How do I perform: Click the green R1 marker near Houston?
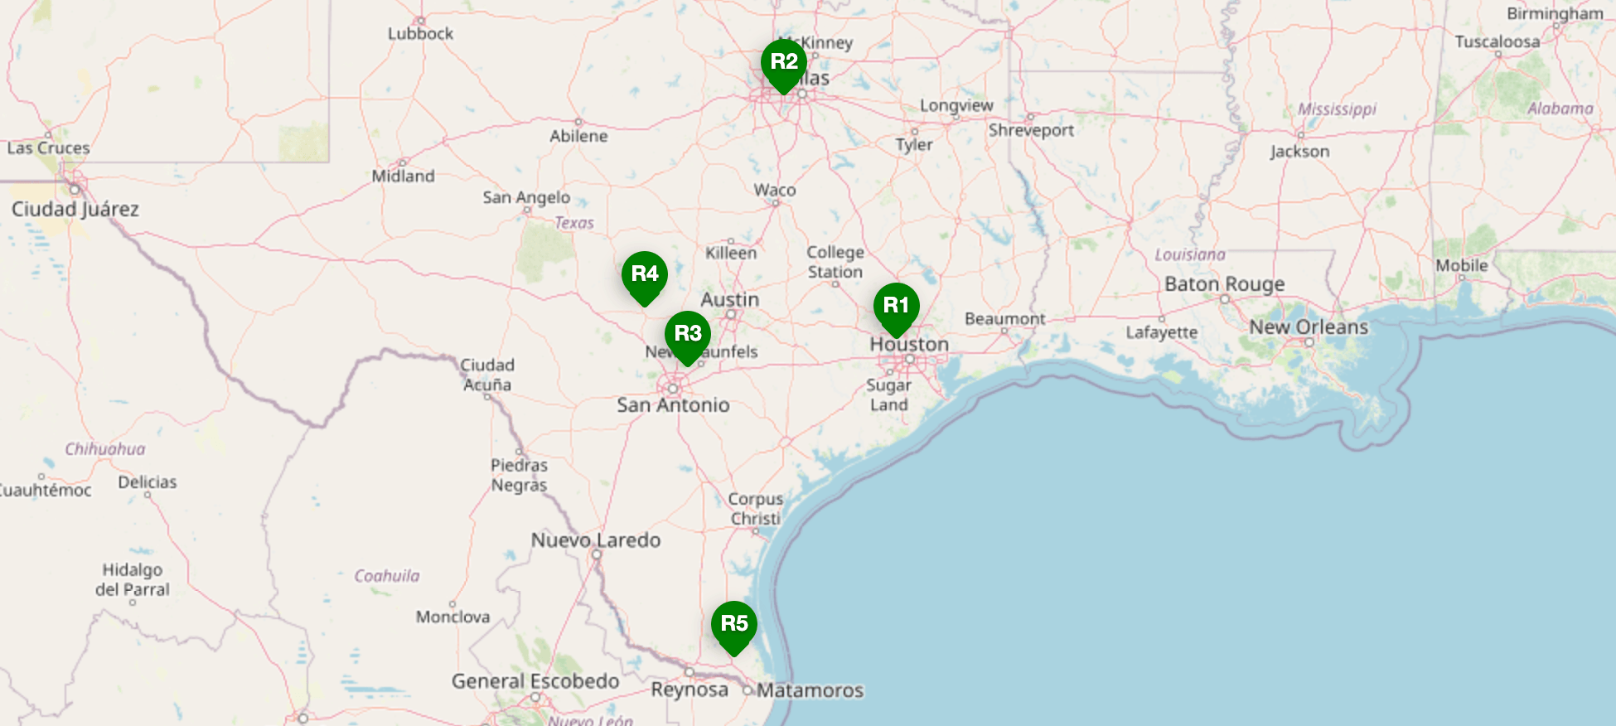[896, 306]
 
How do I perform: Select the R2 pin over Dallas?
[783, 62]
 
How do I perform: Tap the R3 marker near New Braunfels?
[687, 334]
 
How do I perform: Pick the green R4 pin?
[644, 274]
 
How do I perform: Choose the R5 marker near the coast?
[733, 624]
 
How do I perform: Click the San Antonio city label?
[673, 405]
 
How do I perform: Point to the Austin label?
[729, 299]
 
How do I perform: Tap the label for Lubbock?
[420, 34]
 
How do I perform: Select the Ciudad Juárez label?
[75, 209]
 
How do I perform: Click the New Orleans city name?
[1309, 327]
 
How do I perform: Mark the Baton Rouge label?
[1224, 284]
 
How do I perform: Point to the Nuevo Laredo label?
[596, 540]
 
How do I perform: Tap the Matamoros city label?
[810, 690]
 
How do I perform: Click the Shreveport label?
[1031, 130]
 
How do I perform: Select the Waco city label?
[775, 190]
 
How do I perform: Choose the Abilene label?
[578, 136]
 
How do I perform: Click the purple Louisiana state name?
[1190, 254]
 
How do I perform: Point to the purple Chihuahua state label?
[105, 449]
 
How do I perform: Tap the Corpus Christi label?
[755, 509]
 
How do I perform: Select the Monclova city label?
[452, 617]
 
